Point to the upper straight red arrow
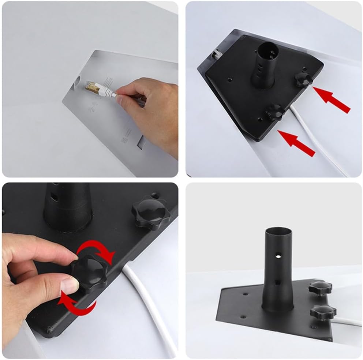coord(332,99)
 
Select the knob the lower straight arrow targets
coord(275,111)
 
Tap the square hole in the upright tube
coord(277,282)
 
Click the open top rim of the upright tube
coord(278,230)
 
